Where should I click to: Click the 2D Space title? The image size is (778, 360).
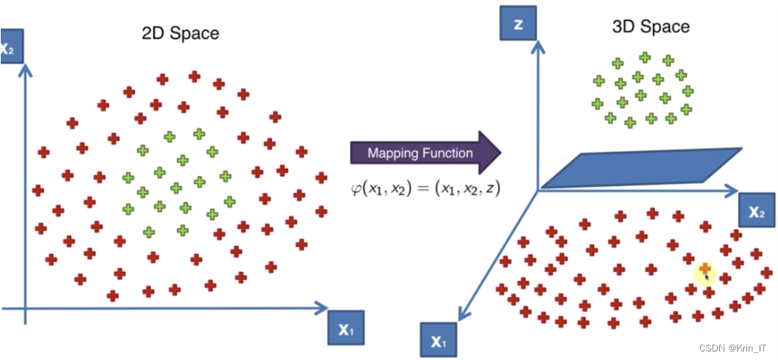point(180,33)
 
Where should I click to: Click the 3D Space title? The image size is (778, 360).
point(651,27)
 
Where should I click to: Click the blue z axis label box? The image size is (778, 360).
point(518,24)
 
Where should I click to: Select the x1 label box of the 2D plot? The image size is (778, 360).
point(346,328)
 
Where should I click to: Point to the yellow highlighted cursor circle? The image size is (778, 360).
point(705,271)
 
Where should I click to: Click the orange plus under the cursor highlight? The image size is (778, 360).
point(704,269)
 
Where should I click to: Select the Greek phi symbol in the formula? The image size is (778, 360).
point(355,188)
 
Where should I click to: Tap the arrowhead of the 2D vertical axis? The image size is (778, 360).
point(27,69)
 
